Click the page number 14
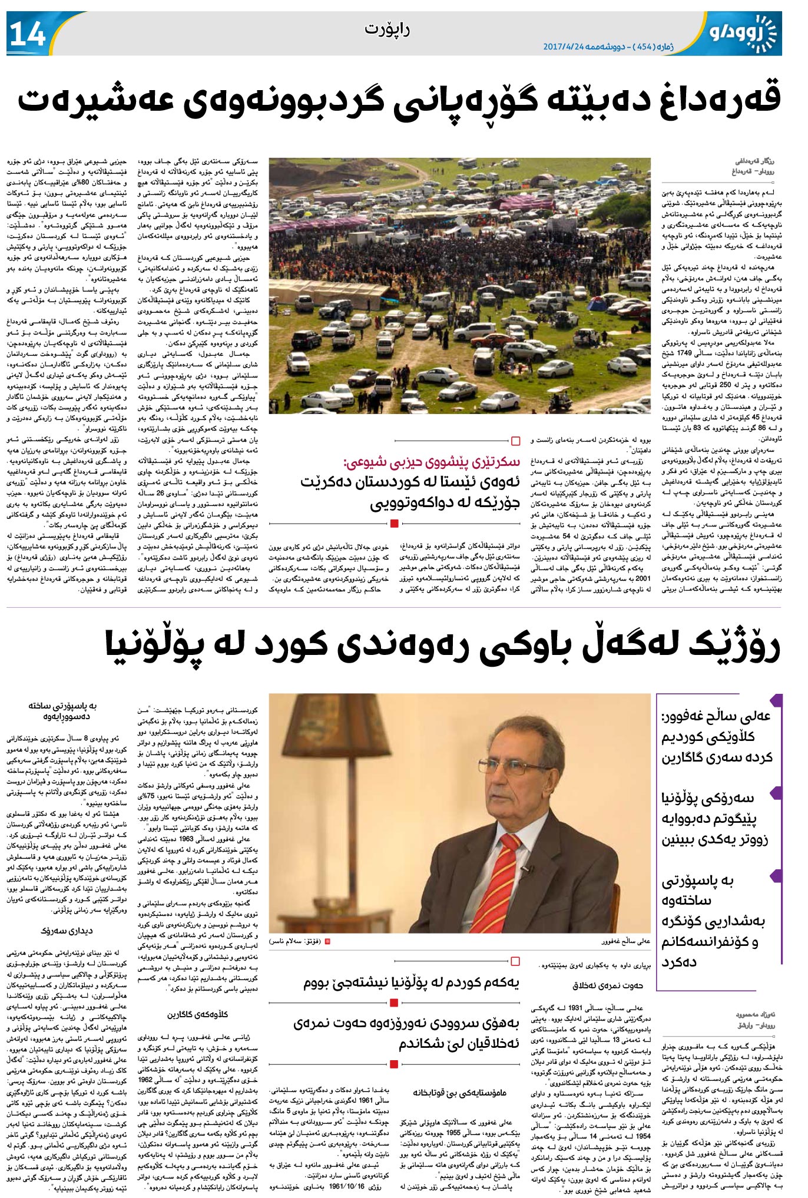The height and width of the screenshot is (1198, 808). [28, 34]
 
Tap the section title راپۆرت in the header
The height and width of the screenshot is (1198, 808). [387, 29]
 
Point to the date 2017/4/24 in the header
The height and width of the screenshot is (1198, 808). [568, 47]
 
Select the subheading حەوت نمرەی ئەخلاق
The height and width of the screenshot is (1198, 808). [608, 985]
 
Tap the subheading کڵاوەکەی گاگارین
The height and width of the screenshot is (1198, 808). [198, 1014]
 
